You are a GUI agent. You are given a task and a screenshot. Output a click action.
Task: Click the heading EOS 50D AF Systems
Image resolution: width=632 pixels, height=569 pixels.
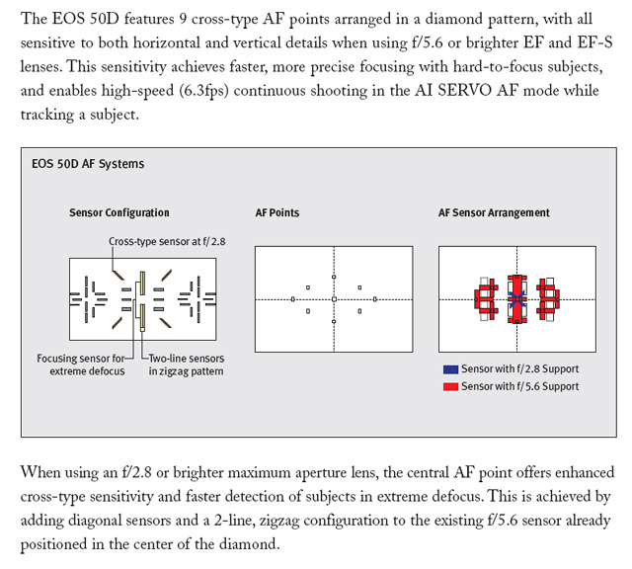(88, 164)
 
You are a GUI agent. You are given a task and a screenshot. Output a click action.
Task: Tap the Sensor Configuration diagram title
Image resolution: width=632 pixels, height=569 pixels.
(119, 213)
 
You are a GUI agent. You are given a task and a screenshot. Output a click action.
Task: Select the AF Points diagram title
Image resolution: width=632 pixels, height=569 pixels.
(277, 213)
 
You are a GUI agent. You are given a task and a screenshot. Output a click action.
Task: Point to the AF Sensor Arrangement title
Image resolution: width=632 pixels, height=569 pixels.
(494, 213)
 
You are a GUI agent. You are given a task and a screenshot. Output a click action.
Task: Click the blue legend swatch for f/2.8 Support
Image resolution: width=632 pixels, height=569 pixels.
(450, 369)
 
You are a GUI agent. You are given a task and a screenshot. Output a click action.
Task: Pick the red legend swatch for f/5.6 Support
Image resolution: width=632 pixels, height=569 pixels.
(450, 385)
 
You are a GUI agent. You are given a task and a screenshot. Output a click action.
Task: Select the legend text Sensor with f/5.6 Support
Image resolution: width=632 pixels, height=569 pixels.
(520, 385)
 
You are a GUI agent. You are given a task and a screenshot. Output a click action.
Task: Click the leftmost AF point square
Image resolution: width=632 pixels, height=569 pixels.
(292, 298)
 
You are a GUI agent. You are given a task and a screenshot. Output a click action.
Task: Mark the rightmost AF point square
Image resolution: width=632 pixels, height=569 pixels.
(375, 298)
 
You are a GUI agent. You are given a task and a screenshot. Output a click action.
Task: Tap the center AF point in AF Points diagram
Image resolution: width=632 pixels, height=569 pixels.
(334, 298)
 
